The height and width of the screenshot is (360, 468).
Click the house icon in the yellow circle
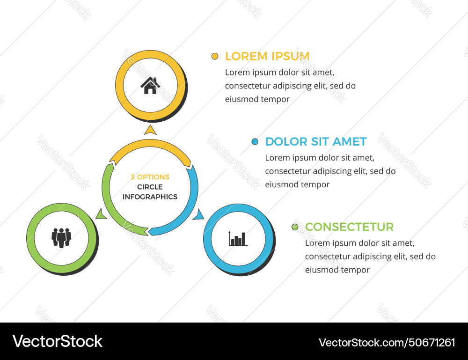pyautogui.click(x=150, y=86)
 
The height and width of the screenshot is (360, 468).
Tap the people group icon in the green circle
pyautogui.click(x=61, y=237)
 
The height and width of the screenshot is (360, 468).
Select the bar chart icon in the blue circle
pyautogui.click(x=238, y=238)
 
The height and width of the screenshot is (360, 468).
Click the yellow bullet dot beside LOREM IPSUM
pyautogui.click(x=215, y=56)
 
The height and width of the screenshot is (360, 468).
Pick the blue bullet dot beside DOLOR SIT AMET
pyautogui.click(x=255, y=141)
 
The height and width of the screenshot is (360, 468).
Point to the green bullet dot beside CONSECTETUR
pyautogui.click(x=295, y=227)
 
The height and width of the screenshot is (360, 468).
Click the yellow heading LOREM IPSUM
pyautogui.click(x=267, y=56)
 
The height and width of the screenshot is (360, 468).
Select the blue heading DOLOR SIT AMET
pyautogui.click(x=315, y=141)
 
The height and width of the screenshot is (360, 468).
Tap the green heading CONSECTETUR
pyautogui.click(x=349, y=227)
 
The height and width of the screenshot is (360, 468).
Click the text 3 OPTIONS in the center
pyautogui.click(x=150, y=177)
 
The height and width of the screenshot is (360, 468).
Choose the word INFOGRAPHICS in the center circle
pyautogui.click(x=150, y=197)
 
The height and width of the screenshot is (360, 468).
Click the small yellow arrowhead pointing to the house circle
pyautogui.click(x=150, y=130)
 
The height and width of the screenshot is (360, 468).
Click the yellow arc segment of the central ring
pyautogui.click(x=150, y=147)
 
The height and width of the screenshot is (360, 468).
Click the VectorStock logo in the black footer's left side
pyautogui.click(x=58, y=341)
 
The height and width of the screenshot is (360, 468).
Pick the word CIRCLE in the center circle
pyautogui.click(x=150, y=187)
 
